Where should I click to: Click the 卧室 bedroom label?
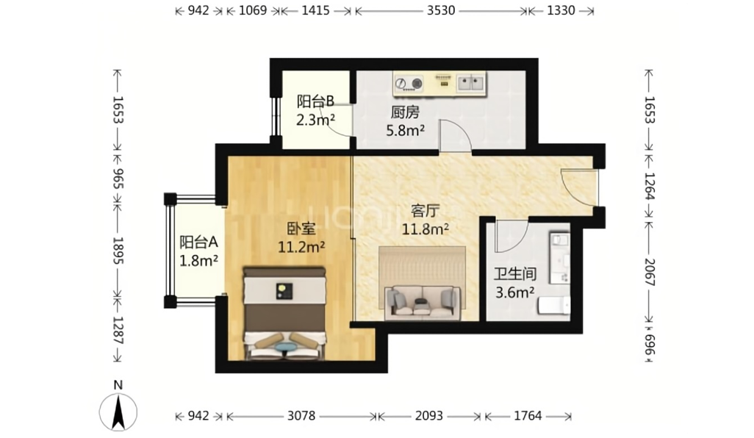click(x=301, y=229)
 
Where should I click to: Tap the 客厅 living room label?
click(x=425, y=211)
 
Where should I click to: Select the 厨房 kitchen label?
click(x=405, y=112)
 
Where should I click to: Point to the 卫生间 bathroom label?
click(x=515, y=274)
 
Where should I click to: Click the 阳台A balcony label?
click(x=198, y=242)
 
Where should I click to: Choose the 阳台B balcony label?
click(x=315, y=101)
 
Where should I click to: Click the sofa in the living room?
click(x=423, y=303)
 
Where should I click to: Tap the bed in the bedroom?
click(x=284, y=314)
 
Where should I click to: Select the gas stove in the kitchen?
click(x=409, y=83)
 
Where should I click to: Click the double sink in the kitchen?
click(x=470, y=83)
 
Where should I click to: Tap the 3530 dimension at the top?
click(x=441, y=10)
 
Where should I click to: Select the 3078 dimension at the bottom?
click(x=301, y=415)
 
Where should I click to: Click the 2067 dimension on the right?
click(x=649, y=272)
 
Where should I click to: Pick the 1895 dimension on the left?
click(x=118, y=251)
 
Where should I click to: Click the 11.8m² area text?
click(x=426, y=229)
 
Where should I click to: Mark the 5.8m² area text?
click(x=406, y=130)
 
